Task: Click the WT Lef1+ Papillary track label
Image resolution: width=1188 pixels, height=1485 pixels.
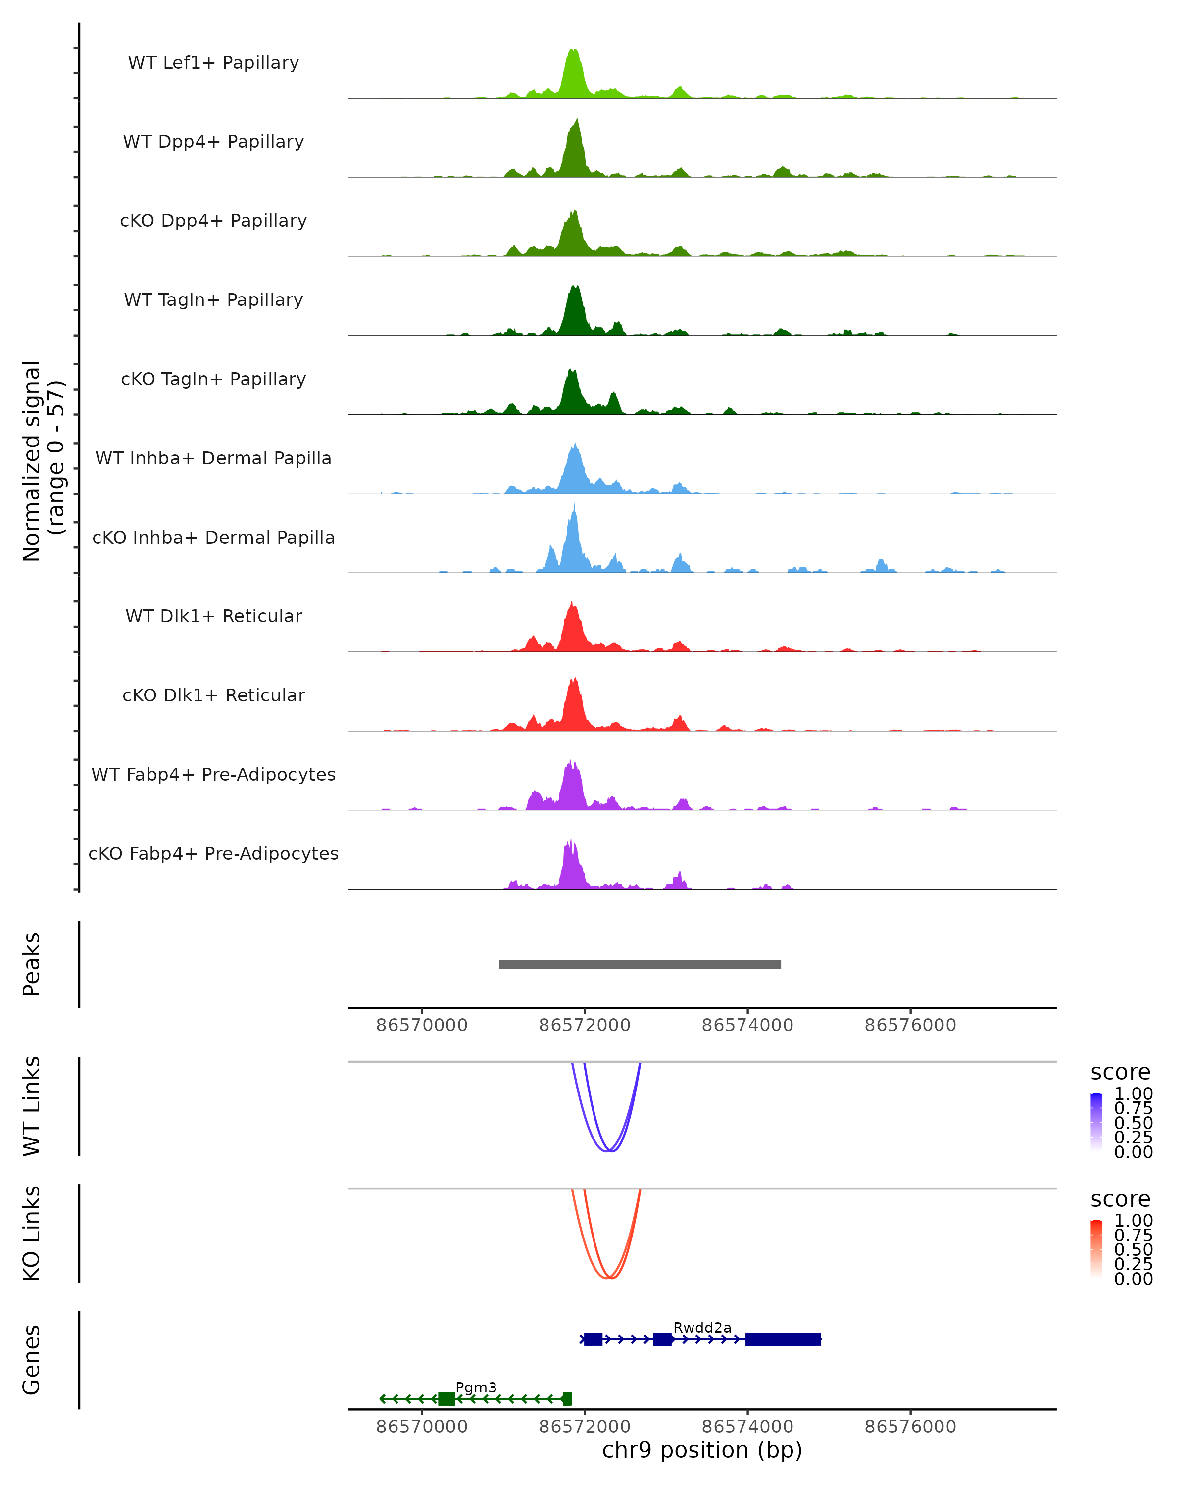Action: [213, 63]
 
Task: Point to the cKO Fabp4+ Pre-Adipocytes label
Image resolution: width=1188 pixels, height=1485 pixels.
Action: [213, 853]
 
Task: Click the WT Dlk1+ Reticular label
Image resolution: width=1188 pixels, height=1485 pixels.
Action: [213, 616]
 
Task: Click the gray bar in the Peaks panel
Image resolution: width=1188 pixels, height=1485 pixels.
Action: [640, 964]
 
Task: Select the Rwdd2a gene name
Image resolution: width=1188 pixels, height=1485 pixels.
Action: [702, 1327]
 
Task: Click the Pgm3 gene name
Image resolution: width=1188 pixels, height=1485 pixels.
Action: [476, 1387]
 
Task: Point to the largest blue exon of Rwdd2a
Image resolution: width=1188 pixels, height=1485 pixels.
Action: [783, 1339]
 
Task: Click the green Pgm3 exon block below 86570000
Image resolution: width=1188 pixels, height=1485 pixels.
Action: [446, 1398]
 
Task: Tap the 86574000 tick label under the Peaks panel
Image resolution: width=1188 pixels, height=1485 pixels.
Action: [747, 1025]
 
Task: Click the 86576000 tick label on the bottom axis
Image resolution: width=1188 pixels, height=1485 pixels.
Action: [910, 1426]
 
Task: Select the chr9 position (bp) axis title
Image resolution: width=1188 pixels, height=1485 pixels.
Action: [702, 1450]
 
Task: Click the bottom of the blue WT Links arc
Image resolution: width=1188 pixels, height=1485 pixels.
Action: [609, 1150]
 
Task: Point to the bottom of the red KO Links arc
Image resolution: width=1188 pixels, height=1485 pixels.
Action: [609, 1278]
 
